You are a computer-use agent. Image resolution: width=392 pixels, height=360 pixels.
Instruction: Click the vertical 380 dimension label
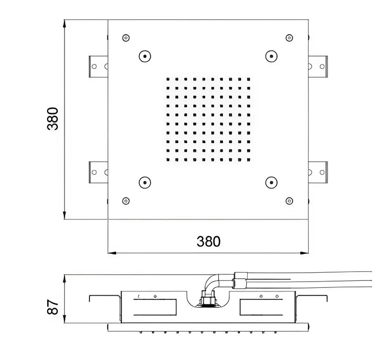click(53, 119)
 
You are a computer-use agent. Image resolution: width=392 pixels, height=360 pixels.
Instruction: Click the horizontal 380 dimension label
click(208, 242)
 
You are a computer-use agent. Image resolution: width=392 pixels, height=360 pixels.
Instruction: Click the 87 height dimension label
click(53, 307)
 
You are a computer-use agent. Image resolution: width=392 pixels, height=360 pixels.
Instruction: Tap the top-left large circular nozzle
click(145, 56)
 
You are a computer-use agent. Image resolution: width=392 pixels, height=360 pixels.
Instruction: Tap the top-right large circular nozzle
click(271, 56)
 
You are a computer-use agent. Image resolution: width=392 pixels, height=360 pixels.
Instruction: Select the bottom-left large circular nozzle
click(145, 182)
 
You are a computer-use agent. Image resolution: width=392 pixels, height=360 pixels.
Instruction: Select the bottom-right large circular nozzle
click(271, 182)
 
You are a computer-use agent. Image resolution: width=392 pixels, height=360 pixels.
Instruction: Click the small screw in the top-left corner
click(126, 38)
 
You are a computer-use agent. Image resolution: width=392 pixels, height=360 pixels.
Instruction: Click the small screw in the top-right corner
click(289, 38)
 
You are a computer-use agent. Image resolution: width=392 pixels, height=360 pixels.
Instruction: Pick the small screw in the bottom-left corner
click(126, 201)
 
